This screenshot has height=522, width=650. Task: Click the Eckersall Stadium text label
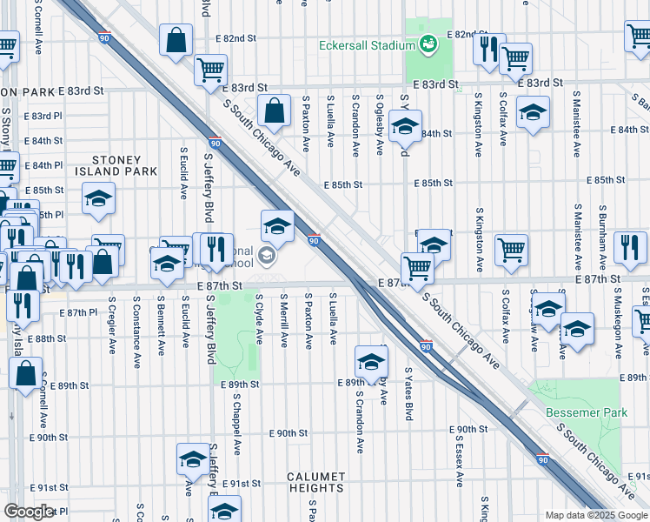368,44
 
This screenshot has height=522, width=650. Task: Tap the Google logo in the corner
29,512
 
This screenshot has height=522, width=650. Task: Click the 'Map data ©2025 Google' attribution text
596,515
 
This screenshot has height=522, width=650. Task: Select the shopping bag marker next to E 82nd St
176,41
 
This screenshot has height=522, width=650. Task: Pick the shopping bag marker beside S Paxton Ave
275,111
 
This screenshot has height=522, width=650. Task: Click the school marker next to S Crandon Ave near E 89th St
371,361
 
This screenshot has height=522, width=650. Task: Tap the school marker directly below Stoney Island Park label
99,199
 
